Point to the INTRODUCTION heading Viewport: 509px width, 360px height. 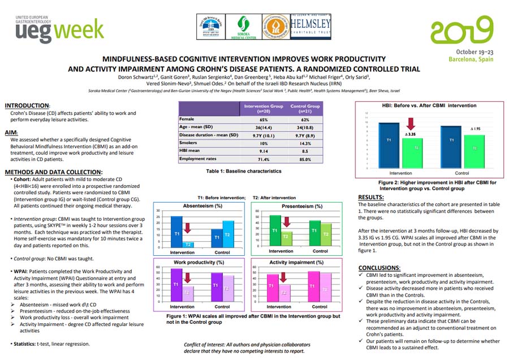[27, 106]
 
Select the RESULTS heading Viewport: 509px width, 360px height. [372, 197]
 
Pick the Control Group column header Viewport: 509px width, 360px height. [305, 109]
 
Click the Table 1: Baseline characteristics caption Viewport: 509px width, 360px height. [244, 170]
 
